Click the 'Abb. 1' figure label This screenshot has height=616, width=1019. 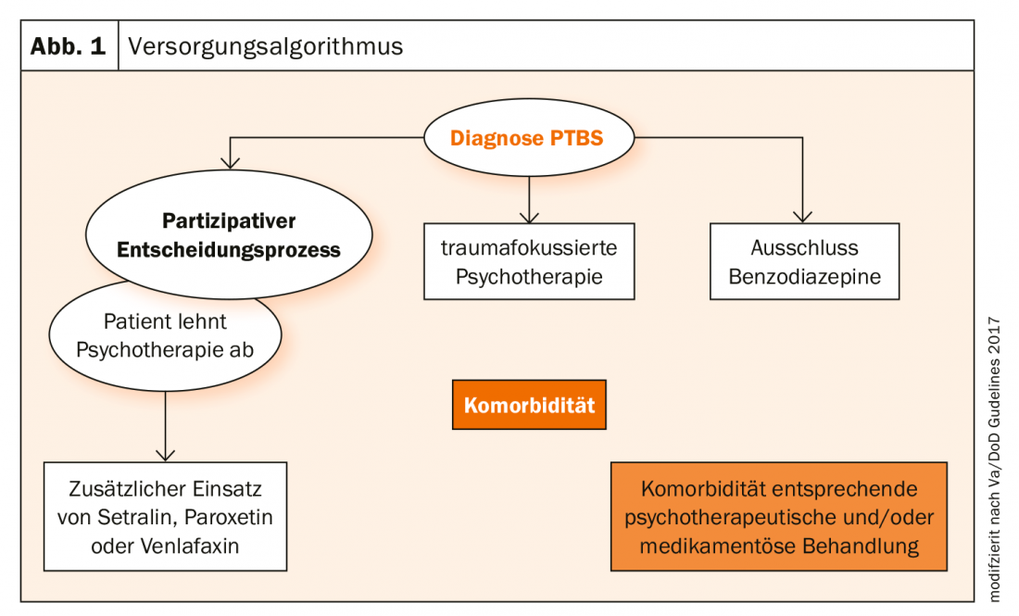(69, 45)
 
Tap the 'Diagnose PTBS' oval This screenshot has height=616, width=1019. (527, 139)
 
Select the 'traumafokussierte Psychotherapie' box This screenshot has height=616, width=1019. (529, 261)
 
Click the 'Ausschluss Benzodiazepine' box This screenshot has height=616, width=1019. (804, 261)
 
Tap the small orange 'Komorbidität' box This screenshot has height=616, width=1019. (529, 405)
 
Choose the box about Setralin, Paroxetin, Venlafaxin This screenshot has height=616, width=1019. (165, 517)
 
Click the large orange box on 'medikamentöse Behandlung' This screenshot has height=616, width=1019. (779, 516)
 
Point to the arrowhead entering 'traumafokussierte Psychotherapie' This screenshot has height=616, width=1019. (529, 216)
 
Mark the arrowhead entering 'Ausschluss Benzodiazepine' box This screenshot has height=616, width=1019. (804, 216)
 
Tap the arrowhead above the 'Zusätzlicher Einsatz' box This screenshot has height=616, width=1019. (165, 453)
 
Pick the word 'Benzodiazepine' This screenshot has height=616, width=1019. (804, 276)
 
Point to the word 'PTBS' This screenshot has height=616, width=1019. (577, 139)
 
